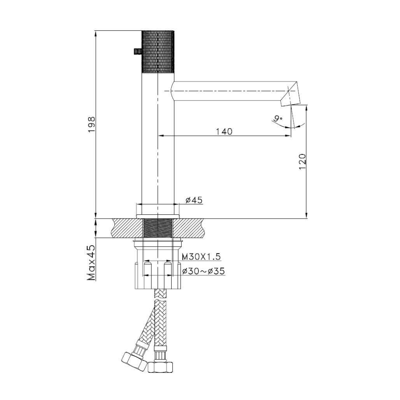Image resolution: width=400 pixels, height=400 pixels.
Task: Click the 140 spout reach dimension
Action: click(x=224, y=131)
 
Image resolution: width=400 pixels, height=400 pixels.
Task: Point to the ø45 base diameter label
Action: click(x=193, y=200)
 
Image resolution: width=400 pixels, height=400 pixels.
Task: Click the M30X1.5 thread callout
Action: click(x=201, y=256)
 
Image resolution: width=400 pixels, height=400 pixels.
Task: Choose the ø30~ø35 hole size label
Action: click(x=203, y=271)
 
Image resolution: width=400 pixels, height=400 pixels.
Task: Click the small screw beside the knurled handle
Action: click(x=137, y=51)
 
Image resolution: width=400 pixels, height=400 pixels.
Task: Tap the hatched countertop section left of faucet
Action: click(x=126, y=228)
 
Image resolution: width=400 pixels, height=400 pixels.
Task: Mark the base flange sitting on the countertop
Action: click(x=158, y=216)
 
